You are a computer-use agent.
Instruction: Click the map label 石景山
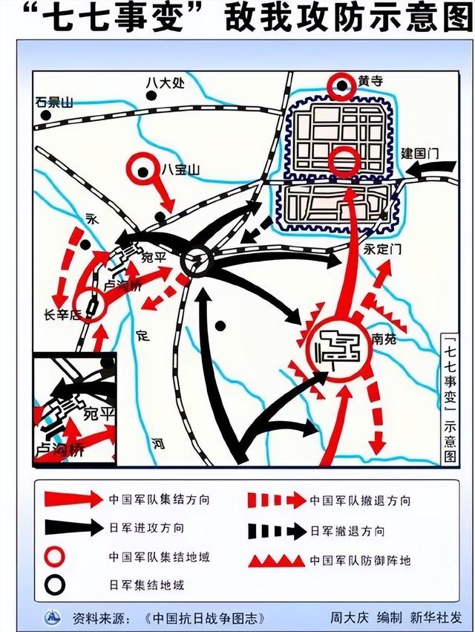point(55,102)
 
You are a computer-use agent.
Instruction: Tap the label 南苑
point(384,339)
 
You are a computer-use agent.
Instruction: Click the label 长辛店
point(65,314)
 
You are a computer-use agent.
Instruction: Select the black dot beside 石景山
point(46,116)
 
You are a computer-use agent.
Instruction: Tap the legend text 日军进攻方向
point(147,528)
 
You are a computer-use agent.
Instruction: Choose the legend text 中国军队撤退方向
point(360,501)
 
